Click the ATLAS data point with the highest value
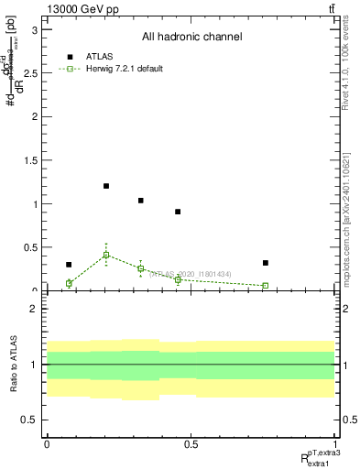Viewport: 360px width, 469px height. [106, 186]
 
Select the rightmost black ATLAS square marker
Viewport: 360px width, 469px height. [265, 263]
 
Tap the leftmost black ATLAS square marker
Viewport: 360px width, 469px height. [69, 265]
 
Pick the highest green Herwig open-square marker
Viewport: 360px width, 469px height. [106, 255]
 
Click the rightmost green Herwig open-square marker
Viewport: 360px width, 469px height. [265, 286]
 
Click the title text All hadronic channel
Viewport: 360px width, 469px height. [191, 37]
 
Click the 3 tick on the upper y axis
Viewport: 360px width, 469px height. [38, 29]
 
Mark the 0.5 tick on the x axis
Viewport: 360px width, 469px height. [191, 443]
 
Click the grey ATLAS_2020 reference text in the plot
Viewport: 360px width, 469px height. [190, 274]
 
